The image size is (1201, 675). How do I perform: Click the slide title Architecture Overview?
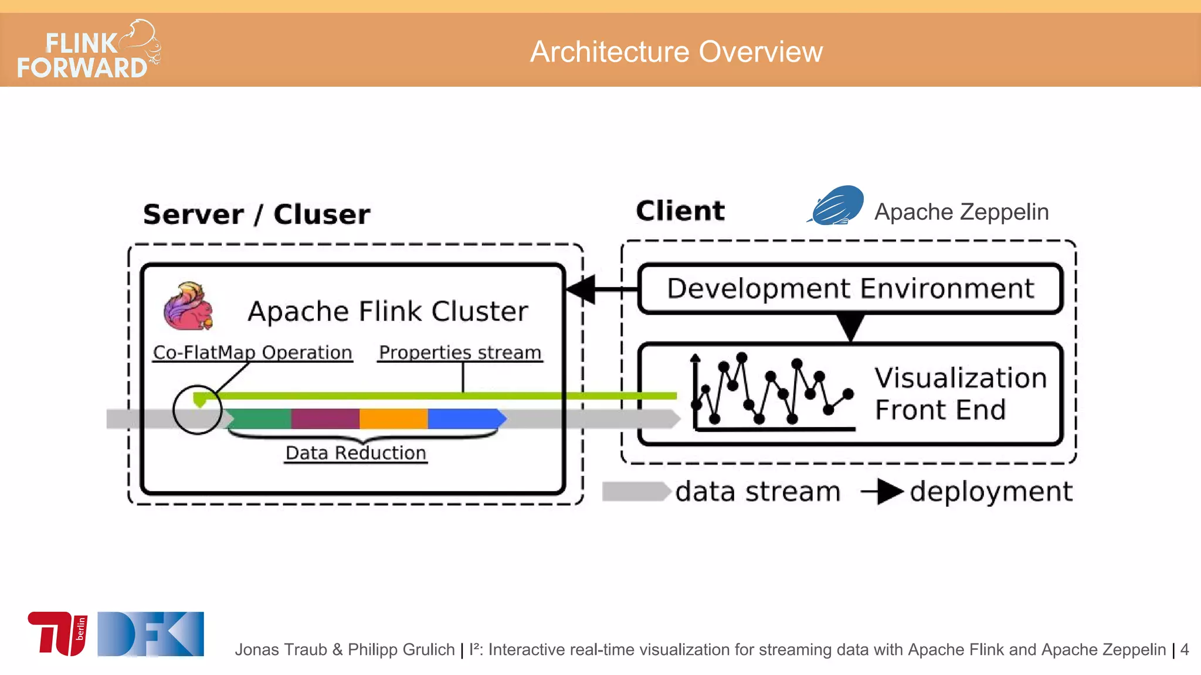[x=676, y=52]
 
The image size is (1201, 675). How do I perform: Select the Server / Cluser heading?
[x=256, y=214]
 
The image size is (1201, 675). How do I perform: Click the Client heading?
[x=680, y=211]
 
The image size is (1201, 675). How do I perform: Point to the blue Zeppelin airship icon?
[x=836, y=206]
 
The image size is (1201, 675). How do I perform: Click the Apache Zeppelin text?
[x=961, y=212]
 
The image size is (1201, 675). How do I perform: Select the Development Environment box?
[x=850, y=289]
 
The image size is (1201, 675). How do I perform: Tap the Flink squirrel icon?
[x=188, y=306]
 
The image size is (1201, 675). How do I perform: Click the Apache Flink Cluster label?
[x=388, y=311]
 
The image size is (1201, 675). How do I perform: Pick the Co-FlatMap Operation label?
[x=252, y=353]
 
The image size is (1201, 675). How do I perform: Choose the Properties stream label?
[x=460, y=353]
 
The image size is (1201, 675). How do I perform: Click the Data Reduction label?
[x=355, y=453]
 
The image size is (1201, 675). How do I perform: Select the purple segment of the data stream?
[x=325, y=419]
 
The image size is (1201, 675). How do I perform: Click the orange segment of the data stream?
[x=393, y=419]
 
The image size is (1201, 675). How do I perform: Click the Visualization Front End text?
[x=961, y=394]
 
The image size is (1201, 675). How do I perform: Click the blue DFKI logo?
[x=151, y=633]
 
